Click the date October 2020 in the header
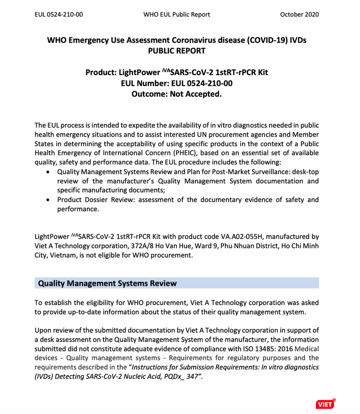299,14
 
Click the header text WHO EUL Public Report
177,14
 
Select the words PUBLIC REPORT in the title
177,51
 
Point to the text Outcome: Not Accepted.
177,94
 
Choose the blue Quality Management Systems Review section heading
108,283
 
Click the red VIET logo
325,404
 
